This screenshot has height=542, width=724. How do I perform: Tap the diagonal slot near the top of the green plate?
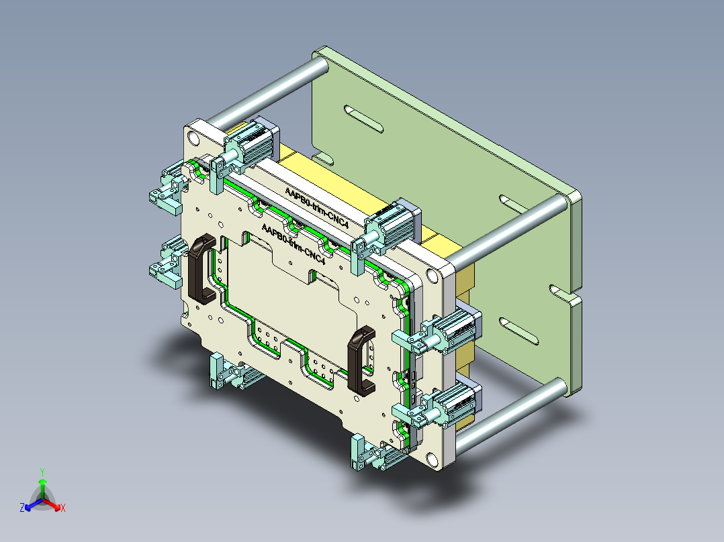click(362, 119)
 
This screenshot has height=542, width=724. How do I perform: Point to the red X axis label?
click(62, 508)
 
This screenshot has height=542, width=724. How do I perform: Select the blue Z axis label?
click(21, 508)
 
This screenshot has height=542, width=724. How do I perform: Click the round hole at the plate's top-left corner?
click(194, 138)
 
